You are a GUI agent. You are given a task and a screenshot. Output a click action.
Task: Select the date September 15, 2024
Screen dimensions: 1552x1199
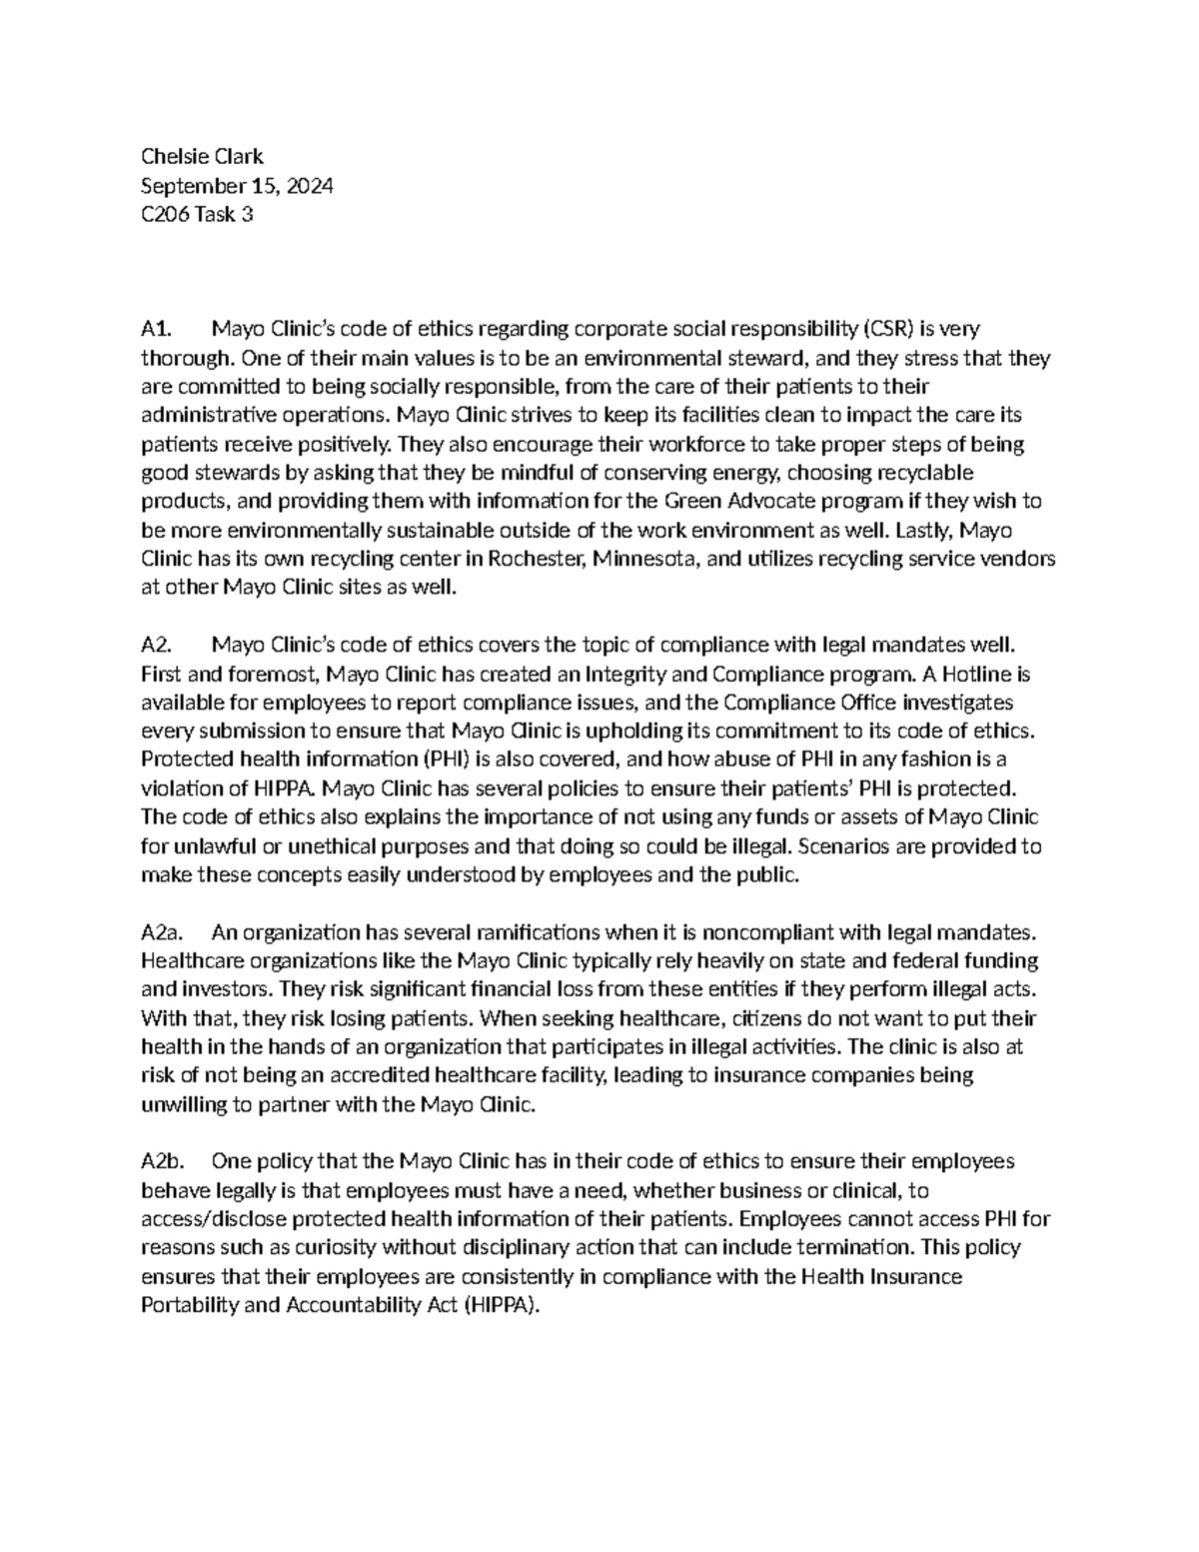[x=237, y=186]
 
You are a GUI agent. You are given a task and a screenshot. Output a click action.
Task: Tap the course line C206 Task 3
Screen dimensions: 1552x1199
[x=197, y=214]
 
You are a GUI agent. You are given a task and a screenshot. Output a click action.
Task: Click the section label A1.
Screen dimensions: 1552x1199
[x=156, y=329]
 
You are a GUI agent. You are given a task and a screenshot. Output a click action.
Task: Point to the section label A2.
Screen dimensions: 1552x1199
[x=156, y=646]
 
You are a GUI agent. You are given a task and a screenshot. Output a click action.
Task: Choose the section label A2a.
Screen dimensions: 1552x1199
[x=161, y=932]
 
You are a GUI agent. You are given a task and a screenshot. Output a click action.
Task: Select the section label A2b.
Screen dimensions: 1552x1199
[x=161, y=1161]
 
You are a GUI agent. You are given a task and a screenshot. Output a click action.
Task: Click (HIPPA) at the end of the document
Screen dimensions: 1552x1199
[x=501, y=1305]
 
